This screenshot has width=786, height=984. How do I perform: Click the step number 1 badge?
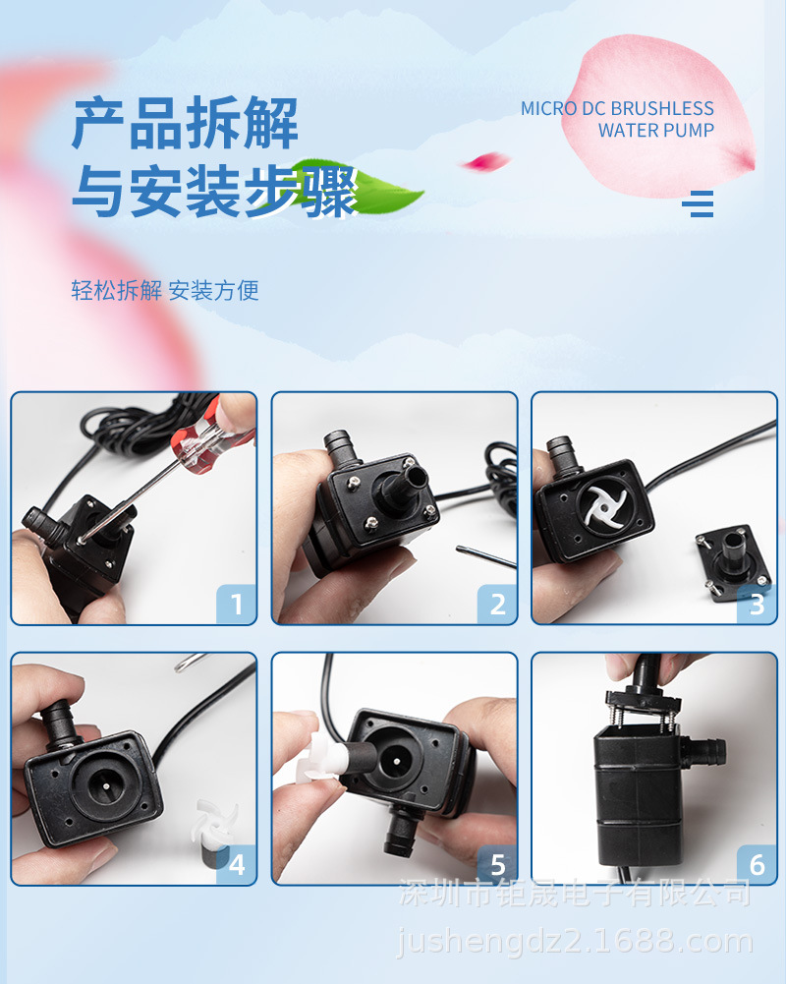(237, 603)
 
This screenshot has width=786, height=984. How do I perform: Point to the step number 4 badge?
(237, 864)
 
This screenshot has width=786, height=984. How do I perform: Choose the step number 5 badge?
(497, 864)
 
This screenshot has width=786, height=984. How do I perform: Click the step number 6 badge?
(757, 864)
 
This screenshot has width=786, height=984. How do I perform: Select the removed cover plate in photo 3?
(732, 560)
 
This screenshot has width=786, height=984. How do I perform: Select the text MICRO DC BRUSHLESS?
(617, 108)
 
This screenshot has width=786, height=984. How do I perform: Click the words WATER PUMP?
(655, 131)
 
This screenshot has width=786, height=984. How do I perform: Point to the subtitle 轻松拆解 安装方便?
(165, 290)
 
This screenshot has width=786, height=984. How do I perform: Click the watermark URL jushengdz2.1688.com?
(575, 943)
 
